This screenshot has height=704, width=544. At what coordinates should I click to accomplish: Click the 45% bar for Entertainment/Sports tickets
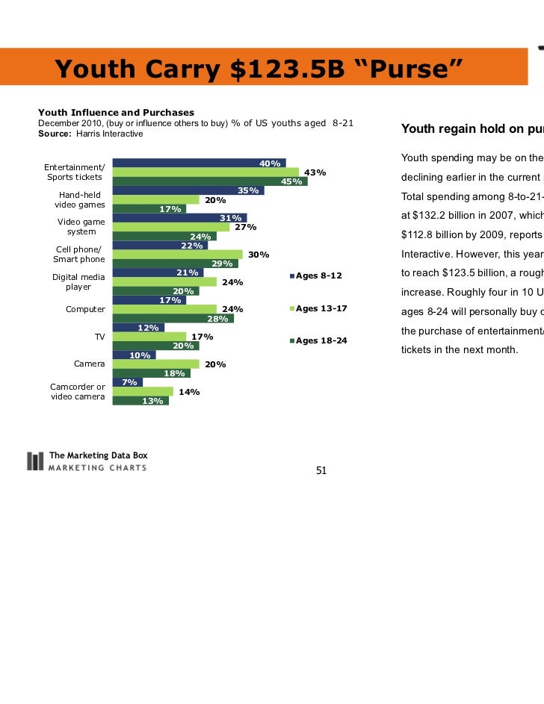210,181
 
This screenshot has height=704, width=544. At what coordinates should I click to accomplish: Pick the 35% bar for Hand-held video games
188,190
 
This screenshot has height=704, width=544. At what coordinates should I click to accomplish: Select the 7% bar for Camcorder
127,382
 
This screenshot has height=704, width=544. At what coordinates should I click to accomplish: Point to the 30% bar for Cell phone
177,255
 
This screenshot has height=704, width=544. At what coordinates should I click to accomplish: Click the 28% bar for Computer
173,319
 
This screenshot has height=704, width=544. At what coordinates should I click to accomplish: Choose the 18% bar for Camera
151,373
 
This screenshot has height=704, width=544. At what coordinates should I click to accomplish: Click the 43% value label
315,172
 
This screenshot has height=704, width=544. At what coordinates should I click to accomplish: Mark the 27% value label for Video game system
246,227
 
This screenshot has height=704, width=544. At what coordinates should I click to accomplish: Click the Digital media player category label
78,281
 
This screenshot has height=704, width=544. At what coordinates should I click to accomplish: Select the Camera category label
89,364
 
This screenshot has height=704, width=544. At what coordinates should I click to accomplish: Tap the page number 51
322,470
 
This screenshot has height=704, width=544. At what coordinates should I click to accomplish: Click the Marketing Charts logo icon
34,461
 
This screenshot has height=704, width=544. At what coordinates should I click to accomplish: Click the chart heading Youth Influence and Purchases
116,112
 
